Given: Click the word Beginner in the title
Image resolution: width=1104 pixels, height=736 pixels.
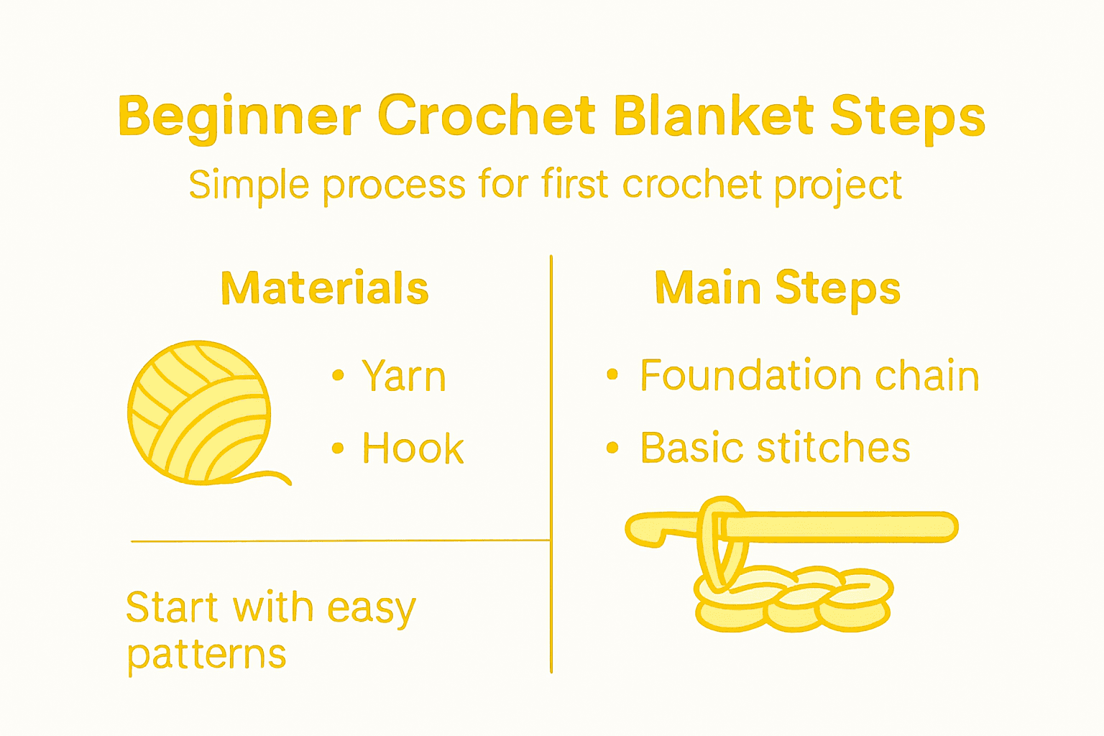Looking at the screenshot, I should click(x=239, y=116).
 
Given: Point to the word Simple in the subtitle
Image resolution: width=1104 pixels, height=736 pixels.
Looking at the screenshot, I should click(x=249, y=186).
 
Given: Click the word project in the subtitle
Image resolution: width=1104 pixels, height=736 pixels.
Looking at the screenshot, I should click(x=837, y=186).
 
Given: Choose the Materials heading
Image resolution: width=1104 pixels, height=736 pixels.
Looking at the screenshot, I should click(x=325, y=288).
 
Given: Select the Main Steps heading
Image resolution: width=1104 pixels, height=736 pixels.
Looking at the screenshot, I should click(x=777, y=288).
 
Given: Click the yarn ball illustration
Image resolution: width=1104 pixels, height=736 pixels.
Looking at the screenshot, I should click(x=199, y=412).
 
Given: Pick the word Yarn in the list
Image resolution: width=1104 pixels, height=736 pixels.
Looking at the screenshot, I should click(x=404, y=376).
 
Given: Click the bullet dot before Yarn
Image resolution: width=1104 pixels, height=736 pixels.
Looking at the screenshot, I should click(x=338, y=375).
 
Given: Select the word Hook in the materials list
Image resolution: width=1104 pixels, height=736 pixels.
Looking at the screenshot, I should click(x=413, y=448).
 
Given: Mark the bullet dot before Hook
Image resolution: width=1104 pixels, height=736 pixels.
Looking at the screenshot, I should click(x=338, y=448).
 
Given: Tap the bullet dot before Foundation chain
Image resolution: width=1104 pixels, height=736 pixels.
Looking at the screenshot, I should click(x=612, y=374).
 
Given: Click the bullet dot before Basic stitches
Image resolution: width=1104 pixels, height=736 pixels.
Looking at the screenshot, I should click(x=612, y=448).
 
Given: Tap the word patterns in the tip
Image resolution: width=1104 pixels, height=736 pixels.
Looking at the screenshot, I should click(x=207, y=655).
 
